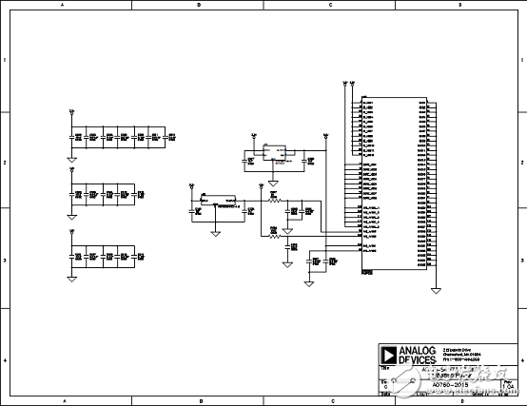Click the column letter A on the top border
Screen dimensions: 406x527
click(x=63, y=5)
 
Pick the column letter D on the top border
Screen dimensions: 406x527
click(x=459, y=5)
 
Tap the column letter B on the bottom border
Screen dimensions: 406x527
click(x=199, y=401)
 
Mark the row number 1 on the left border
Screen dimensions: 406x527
click(x=5, y=60)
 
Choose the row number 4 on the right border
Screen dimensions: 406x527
click(x=522, y=361)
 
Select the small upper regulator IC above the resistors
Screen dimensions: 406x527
click(x=275, y=152)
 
